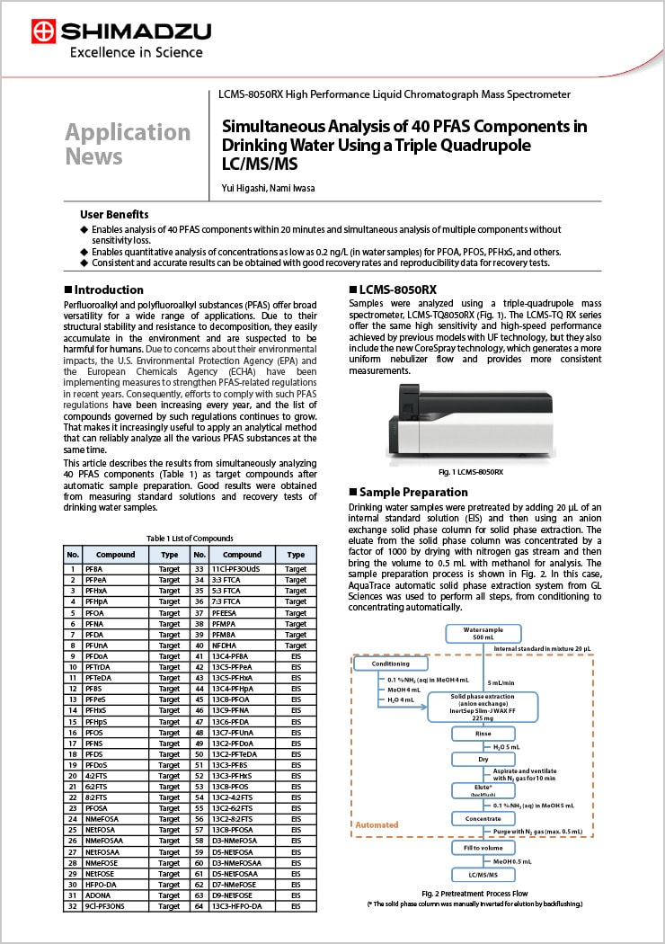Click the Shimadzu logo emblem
(x=42, y=32)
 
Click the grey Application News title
(x=128, y=144)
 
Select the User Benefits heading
(x=114, y=215)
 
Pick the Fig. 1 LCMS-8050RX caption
(x=470, y=472)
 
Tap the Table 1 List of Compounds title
(x=190, y=538)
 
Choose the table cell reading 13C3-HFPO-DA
(x=243, y=906)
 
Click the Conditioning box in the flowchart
(x=384, y=663)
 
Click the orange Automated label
(x=377, y=824)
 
